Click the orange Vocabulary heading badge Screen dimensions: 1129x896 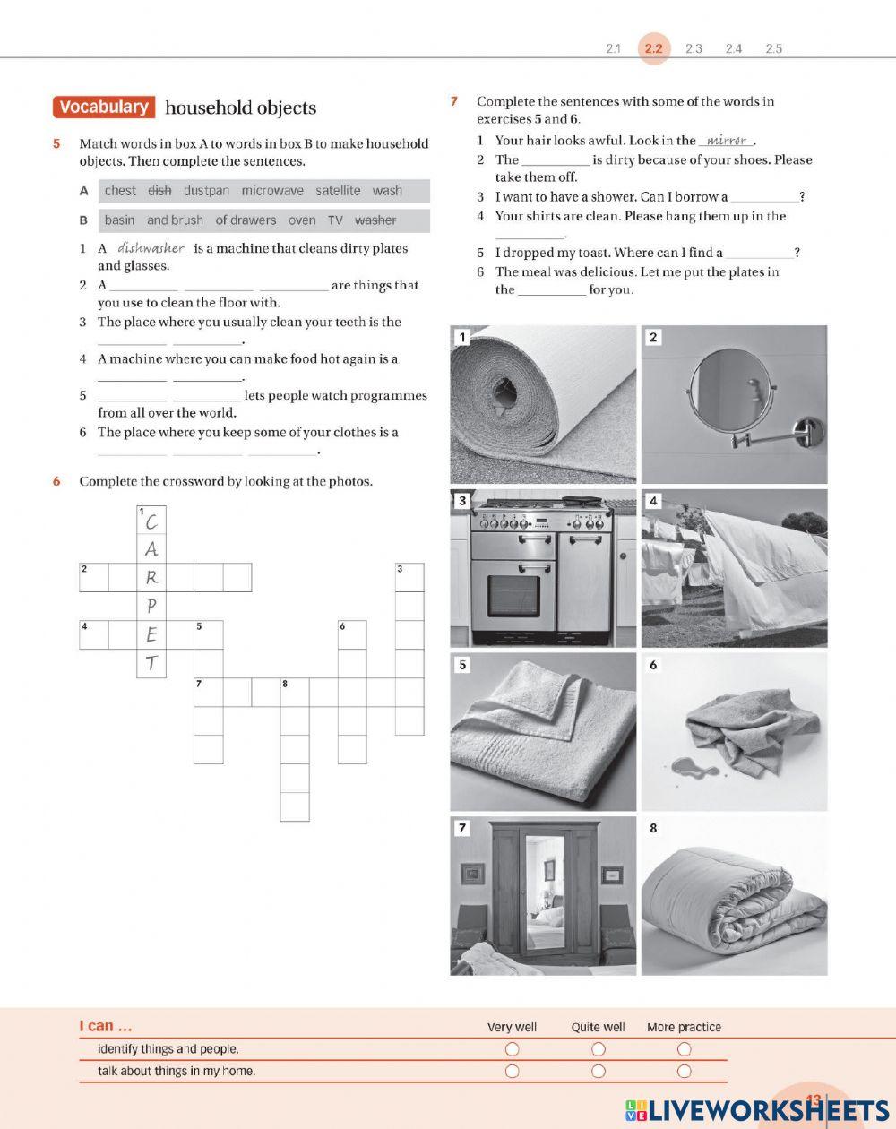click(x=104, y=108)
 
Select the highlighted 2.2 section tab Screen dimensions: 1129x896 click(x=653, y=48)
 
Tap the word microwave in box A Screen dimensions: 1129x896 click(x=272, y=191)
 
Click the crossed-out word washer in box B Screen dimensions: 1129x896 click(x=375, y=220)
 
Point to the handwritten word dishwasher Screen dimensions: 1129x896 click(x=151, y=248)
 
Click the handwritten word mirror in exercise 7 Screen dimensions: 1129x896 click(x=727, y=140)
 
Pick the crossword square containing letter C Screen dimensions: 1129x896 click(x=151, y=521)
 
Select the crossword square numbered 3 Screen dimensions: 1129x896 click(x=409, y=577)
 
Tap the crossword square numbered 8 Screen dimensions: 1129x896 click(x=295, y=693)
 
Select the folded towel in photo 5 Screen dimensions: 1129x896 click(x=533, y=730)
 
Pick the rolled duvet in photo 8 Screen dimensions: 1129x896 click(x=735, y=901)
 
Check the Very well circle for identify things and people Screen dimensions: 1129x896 click(x=512, y=1049)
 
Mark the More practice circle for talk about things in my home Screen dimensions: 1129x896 click(x=684, y=1071)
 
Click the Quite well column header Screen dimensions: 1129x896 click(x=598, y=1028)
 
